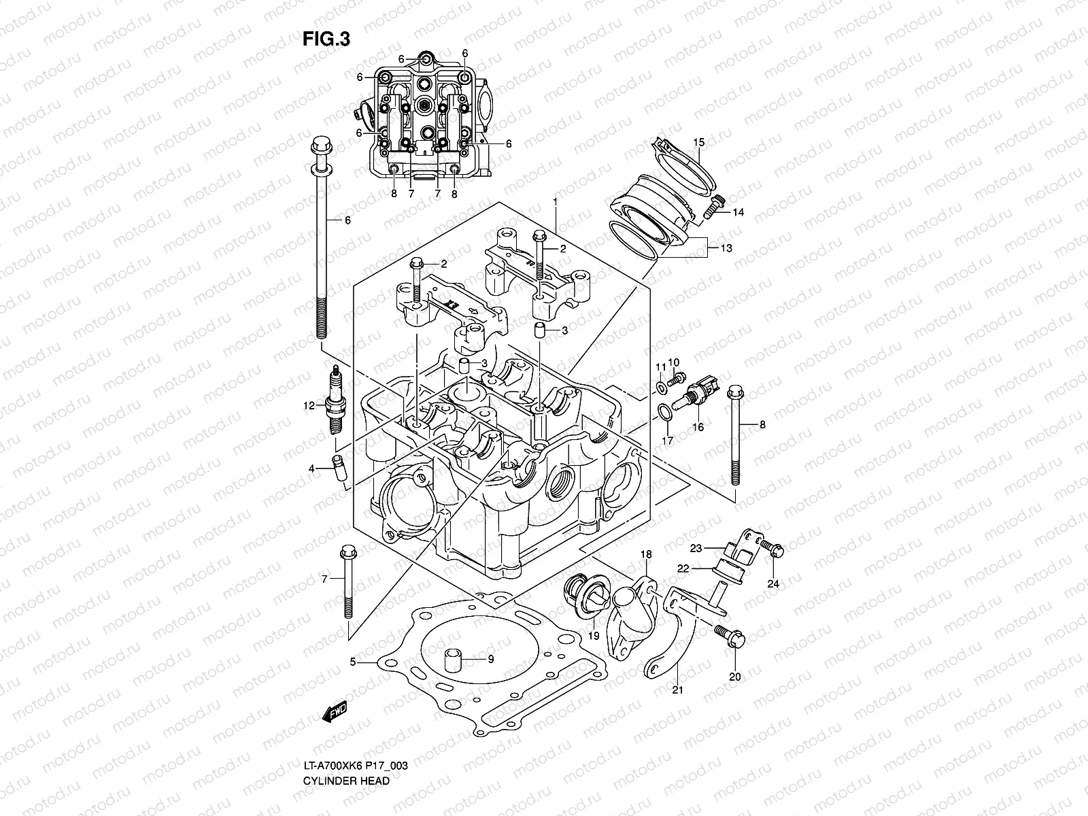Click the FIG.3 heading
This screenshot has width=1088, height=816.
(x=326, y=39)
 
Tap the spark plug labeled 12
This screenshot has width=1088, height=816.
(x=334, y=405)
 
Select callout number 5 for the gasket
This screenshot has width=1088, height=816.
(x=353, y=662)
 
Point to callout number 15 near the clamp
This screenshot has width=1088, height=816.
(x=698, y=142)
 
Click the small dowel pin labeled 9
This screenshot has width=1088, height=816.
(x=453, y=660)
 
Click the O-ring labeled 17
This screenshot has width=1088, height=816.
(x=663, y=410)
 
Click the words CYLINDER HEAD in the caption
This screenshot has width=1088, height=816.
(x=347, y=743)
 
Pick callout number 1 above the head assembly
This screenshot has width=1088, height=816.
(x=556, y=202)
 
